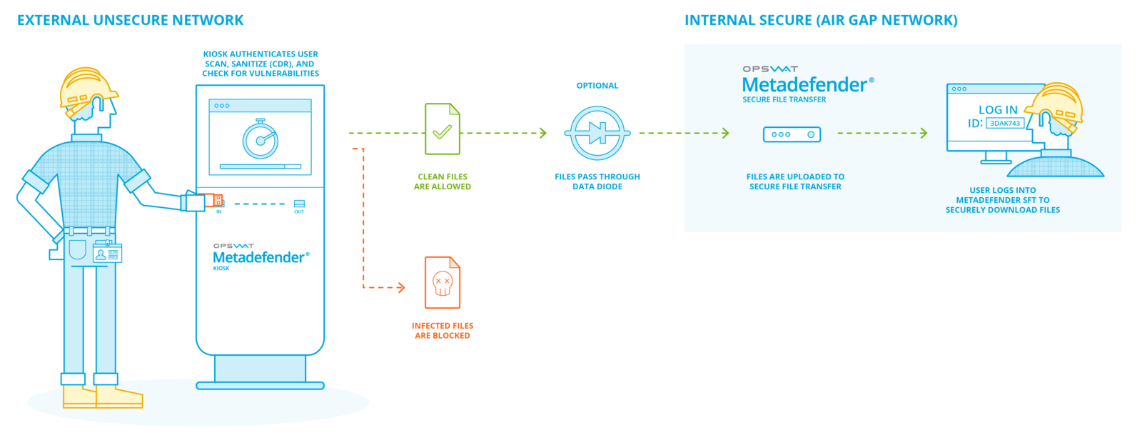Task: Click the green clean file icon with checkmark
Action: (443, 129)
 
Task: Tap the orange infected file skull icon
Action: (443, 282)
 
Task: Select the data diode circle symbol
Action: (597, 133)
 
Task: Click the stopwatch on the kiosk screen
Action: (261, 139)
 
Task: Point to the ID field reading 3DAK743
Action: (1005, 124)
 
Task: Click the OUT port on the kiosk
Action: (299, 204)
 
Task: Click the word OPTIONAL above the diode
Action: (597, 86)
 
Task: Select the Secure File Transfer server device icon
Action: (792, 134)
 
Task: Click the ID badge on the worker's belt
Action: (108, 254)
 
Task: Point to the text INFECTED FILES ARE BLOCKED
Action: (443, 330)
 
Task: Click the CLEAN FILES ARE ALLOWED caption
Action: (443, 181)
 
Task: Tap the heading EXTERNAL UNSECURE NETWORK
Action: (131, 21)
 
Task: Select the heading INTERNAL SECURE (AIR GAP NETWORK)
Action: (821, 21)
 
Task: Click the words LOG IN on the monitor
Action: (998, 110)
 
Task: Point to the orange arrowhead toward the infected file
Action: (402, 287)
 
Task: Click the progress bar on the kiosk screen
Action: (261, 166)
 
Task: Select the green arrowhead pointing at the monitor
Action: (924, 133)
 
